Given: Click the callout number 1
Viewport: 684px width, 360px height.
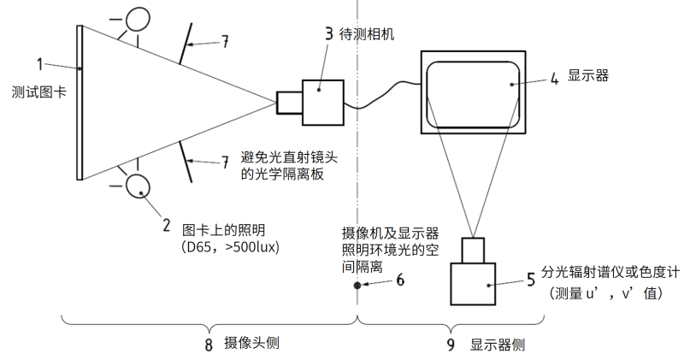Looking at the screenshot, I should [x=39, y=63].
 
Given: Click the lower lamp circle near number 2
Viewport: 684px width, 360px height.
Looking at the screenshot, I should [x=137, y=185].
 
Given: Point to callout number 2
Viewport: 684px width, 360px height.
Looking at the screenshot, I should [x=166, y=226].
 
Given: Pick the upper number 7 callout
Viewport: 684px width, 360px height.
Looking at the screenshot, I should [x=225, y=41].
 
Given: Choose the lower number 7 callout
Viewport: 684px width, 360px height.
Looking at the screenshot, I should [x=225, y=161].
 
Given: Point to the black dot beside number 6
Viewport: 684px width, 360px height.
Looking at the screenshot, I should [x=357, y=285].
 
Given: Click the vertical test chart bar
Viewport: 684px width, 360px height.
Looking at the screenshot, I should [x=80, y=102].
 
